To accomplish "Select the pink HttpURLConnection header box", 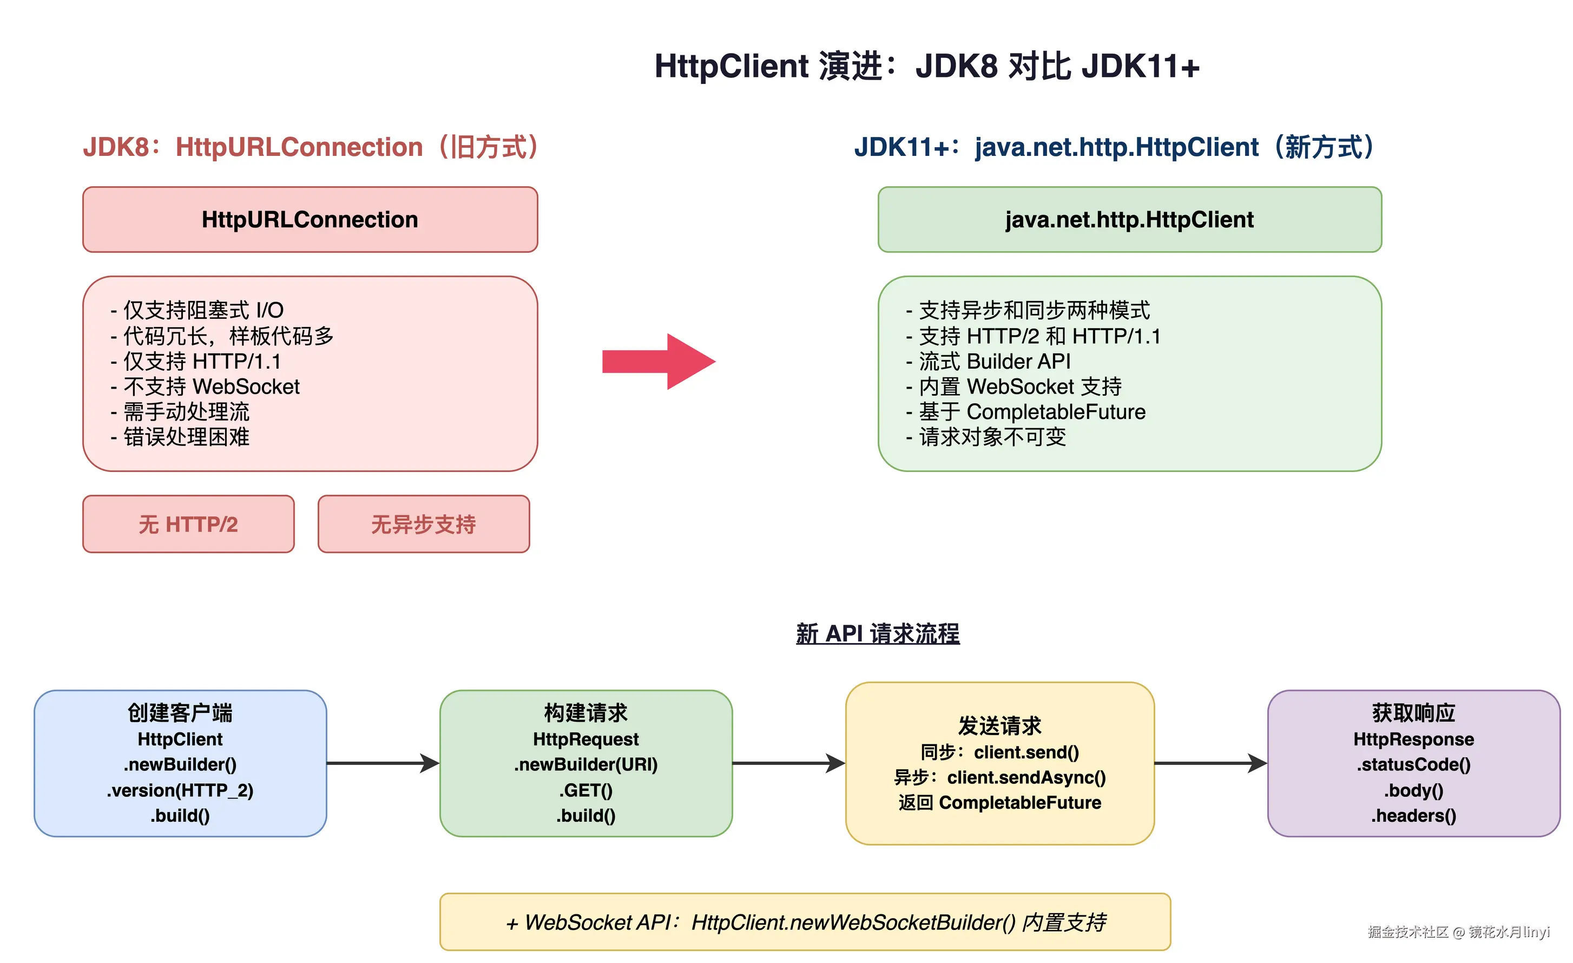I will [310, 220].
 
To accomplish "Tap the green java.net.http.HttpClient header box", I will [1129, 220].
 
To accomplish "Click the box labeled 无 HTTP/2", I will [188, 525].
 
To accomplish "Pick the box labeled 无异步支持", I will [424, 525].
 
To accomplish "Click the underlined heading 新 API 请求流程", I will [878, 633].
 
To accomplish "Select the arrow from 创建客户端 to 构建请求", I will [383, 763].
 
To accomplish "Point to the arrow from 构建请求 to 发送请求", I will [788, 763].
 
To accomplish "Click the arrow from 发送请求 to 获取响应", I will [1210, 763].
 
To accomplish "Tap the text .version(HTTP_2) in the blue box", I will [181, 790].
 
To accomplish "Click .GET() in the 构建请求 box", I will [586, 790].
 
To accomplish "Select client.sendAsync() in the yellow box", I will [1026, 778].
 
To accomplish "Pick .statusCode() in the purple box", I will [1413, 764].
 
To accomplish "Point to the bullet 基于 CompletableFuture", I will [1032, 412].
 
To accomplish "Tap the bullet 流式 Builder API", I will [994, 362].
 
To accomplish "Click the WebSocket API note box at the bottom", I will [805, 922].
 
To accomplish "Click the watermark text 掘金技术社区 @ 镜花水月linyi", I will [1458, 932].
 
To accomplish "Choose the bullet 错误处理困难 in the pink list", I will [186, 437].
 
